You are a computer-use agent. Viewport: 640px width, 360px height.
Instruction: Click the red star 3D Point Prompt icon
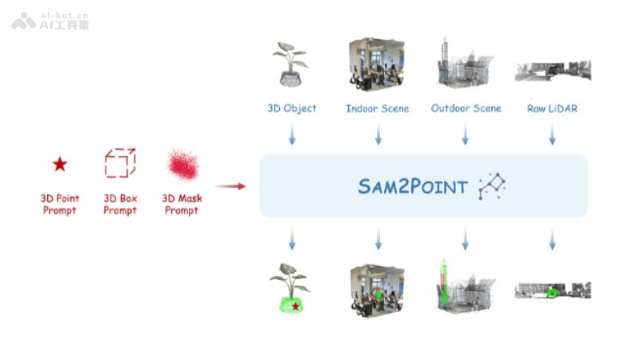(59, 164)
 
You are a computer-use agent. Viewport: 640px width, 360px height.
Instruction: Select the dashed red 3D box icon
(120, 163)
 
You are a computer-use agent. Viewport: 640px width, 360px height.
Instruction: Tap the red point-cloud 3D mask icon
(182, 165)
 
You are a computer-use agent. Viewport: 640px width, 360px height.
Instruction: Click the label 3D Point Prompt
(59, 204)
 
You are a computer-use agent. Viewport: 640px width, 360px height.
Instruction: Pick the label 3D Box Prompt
(120, 204)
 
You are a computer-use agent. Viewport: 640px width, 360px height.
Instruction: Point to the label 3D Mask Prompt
(182, 204)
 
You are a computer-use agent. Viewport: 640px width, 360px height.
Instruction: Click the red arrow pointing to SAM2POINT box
(230, 186)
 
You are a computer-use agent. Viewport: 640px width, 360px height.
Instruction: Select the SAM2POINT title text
(413, 187)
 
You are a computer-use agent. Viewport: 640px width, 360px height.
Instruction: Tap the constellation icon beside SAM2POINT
(492, 186)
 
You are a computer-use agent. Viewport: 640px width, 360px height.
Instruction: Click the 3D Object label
(292, 108)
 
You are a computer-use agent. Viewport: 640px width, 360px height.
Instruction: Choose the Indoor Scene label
(378, 108)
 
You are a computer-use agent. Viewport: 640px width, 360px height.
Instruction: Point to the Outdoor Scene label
(466, 108)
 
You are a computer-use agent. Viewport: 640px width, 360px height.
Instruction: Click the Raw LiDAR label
(552, 108)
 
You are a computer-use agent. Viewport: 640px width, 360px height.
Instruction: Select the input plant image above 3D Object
(290, 64)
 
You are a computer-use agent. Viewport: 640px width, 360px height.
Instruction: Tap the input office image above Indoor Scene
(377, 64)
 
